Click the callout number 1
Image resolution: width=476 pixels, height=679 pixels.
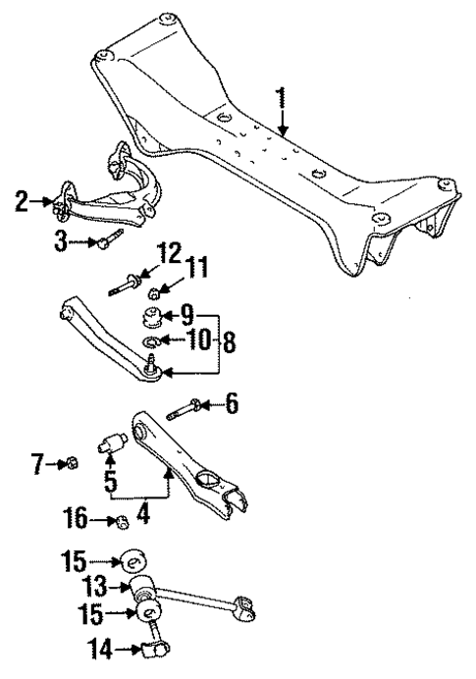[281, 98]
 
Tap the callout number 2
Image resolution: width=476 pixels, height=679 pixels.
[22, 203]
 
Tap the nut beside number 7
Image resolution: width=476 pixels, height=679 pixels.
[72, 462]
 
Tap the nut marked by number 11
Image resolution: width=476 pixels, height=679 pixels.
[153, 291]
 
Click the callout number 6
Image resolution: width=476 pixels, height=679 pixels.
[232, 403]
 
